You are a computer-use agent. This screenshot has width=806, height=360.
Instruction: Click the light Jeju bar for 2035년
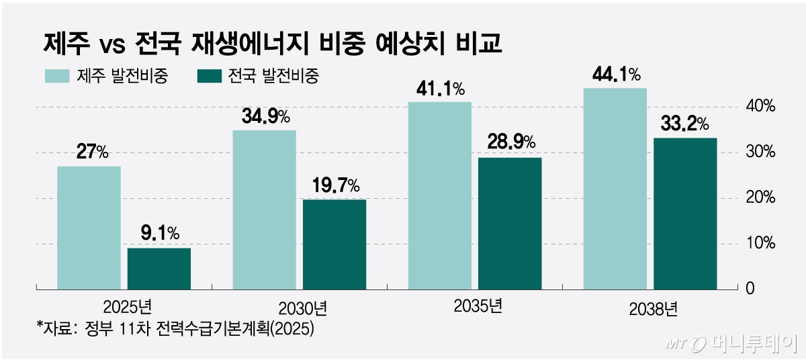point(439,195)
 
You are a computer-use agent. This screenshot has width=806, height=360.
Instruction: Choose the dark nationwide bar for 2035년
point(510,223)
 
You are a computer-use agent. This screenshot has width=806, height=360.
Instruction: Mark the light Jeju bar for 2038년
point(615,189)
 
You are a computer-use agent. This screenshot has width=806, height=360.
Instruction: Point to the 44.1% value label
point(615,74)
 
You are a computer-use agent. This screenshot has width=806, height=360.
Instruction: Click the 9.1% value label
point(160,234)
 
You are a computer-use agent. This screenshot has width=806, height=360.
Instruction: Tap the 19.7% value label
point(335,185)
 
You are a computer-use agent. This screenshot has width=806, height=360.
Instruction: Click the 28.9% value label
point(510,142)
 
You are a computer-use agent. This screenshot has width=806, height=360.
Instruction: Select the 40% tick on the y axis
point(762,107)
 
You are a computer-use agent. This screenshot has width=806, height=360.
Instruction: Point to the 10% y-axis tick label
point(762,243)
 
